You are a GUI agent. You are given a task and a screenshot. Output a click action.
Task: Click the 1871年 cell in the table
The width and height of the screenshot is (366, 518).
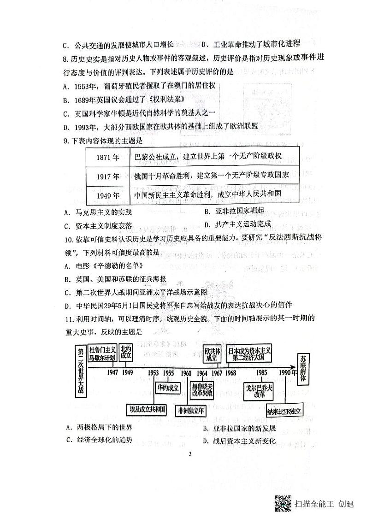point(108,157)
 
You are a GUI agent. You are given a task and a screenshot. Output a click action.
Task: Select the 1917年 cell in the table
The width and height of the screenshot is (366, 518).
point(108,176)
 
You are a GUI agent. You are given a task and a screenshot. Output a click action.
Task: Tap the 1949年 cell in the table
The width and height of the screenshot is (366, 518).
point(108,195)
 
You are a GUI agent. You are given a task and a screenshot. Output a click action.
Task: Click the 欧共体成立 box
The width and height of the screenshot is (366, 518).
point(213,353)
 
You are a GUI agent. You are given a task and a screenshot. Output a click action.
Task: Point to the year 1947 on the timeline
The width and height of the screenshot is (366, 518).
point(112,372)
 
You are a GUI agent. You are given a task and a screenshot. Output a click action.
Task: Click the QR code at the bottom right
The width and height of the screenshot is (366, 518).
point(283,503)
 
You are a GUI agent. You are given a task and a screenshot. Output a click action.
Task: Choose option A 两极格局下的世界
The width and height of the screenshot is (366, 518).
point(99,428)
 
